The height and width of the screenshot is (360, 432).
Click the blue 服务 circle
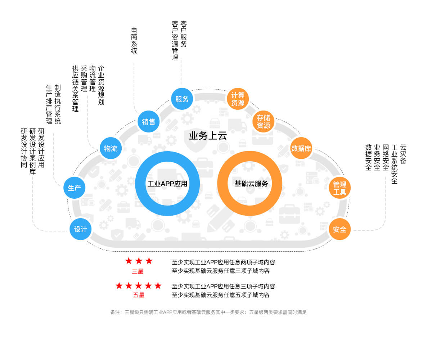point(182,99)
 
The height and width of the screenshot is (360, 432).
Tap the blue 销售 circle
point(149,122)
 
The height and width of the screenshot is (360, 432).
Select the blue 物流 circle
point(111,148)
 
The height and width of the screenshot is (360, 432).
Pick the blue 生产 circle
point(74,188)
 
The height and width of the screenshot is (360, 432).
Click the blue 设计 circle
point(80,229)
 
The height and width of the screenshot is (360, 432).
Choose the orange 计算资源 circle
point(238,99)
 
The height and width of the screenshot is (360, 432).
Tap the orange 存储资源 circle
point(264,122)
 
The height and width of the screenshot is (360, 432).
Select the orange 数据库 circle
point(301,148)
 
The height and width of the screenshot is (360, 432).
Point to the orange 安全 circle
point(339,229)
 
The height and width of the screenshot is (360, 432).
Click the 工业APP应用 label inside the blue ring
point(167,184)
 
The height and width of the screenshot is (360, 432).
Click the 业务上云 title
point(208,136)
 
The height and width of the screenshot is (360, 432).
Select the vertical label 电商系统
point(134,41)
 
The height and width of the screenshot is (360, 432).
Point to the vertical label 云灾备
point(403,154)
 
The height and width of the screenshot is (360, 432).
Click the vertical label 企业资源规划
point(101,85)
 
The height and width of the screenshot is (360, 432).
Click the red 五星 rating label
point(139,295)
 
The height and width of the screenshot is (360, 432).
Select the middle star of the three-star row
point(139,261)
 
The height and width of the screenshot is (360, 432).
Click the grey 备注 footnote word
point(116,312)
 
